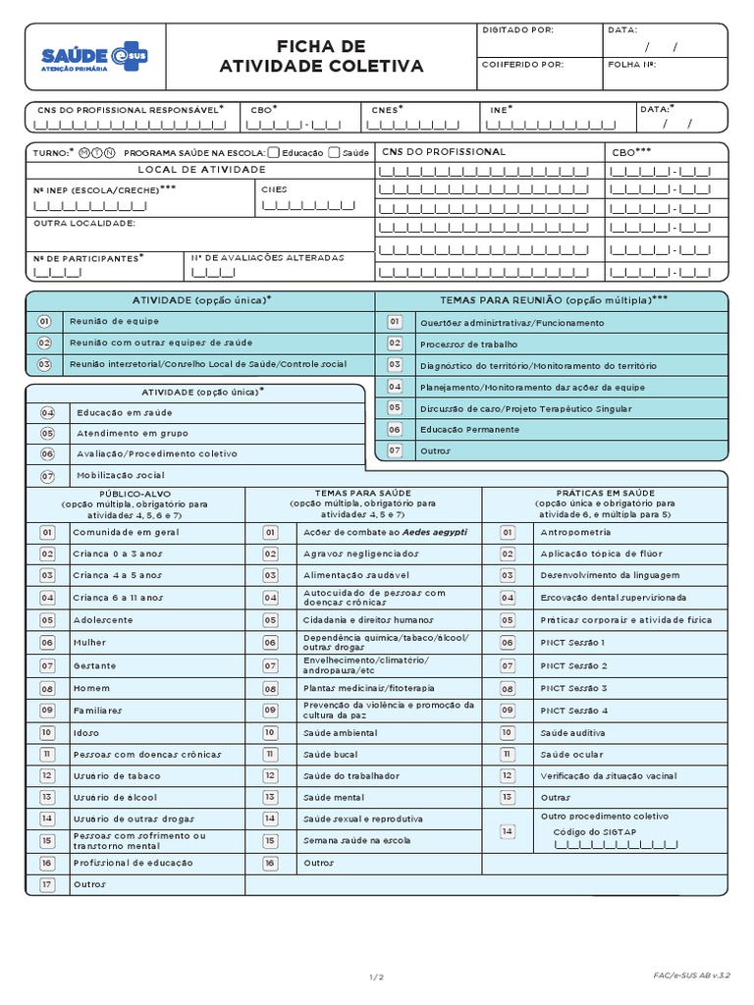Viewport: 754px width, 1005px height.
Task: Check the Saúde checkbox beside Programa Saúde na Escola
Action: click(x=335, y=152)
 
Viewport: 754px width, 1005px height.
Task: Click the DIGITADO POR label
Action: click(x=518, y=30)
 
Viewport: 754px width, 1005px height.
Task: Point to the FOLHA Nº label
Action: click(x=631, y=65)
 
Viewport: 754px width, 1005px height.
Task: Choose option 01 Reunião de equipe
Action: click(x=44, y=321)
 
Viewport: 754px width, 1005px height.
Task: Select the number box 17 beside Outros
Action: click(x=46, y=884)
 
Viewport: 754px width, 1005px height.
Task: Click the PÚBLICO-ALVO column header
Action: click(x=135, y=493)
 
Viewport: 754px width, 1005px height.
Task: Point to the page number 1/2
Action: click(x=377, y=977)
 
